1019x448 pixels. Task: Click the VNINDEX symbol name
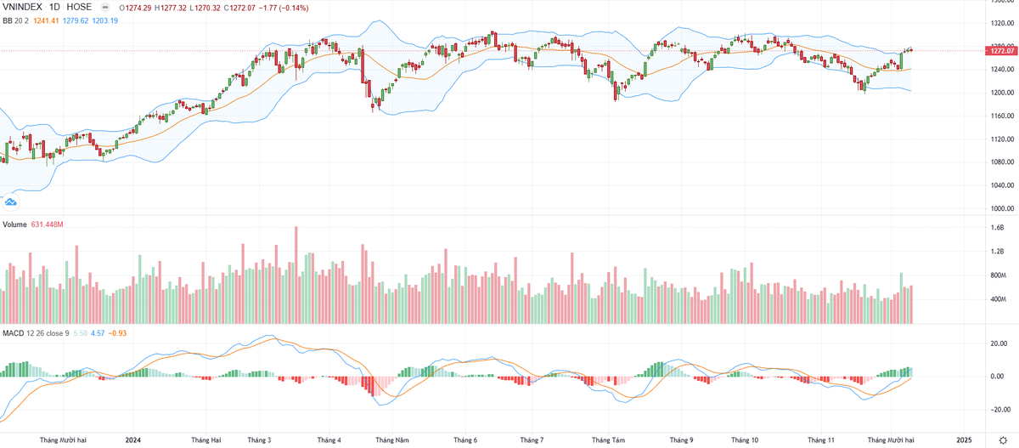click(25, 7)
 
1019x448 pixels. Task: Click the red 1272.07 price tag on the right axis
click(1002, 51)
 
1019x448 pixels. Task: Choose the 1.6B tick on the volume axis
click(997, 228)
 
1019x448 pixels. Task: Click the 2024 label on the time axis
click(132, 439)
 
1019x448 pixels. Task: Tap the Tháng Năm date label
click(393, 439)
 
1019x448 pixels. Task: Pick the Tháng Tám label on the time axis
click(608, 439)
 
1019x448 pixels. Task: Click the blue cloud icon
click(11, 201)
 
